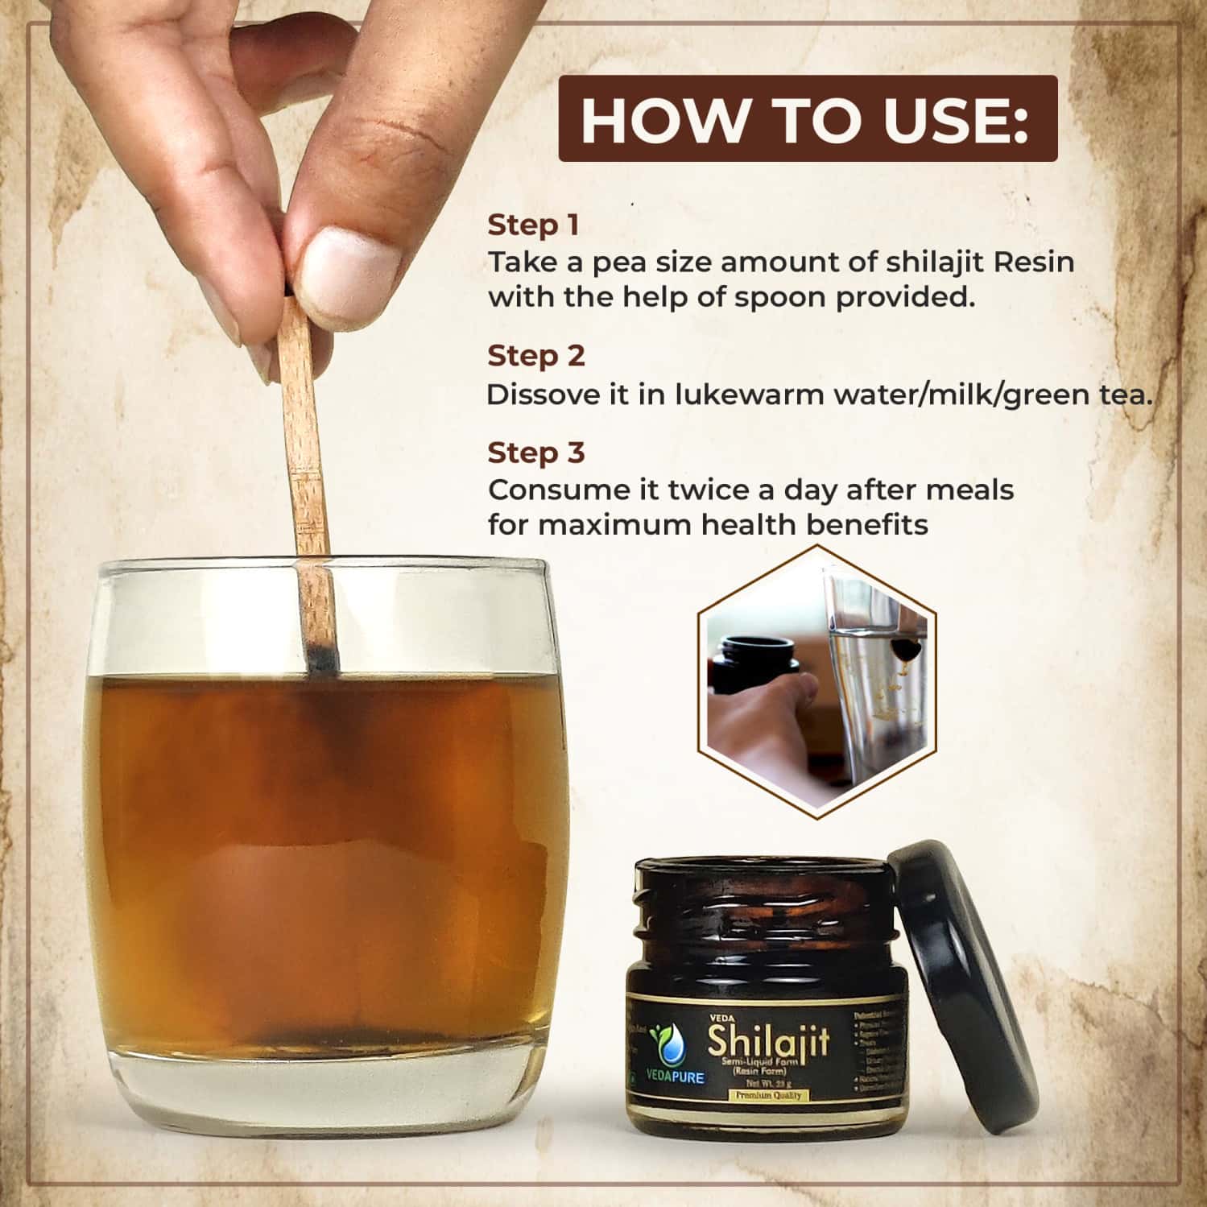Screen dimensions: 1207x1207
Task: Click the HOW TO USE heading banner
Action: pyautogui.click(x=808, y=119)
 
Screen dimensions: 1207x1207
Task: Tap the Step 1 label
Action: pyautogui.click(x=533, y=225)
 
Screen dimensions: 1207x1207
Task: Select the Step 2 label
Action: pyautogui.click(x=536, y=356)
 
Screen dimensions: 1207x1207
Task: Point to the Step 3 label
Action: pyautogui.click(x=536, y=453)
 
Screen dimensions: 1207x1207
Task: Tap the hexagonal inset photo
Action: pyautogui.click(x=818, y=680)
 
